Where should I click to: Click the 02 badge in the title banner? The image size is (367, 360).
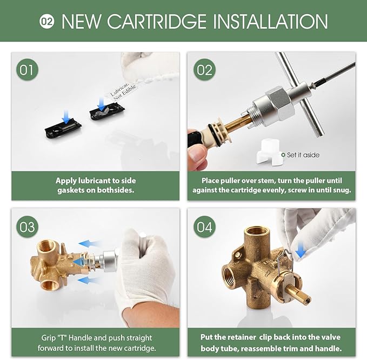47,22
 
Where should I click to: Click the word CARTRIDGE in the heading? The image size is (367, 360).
157,22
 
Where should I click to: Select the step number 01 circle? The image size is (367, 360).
27,70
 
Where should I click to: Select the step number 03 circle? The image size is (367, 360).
27,227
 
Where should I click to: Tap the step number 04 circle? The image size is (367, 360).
204,227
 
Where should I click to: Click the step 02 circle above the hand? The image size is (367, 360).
204,70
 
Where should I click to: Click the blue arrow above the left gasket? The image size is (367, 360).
65,115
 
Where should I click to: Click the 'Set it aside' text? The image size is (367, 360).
303,155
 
